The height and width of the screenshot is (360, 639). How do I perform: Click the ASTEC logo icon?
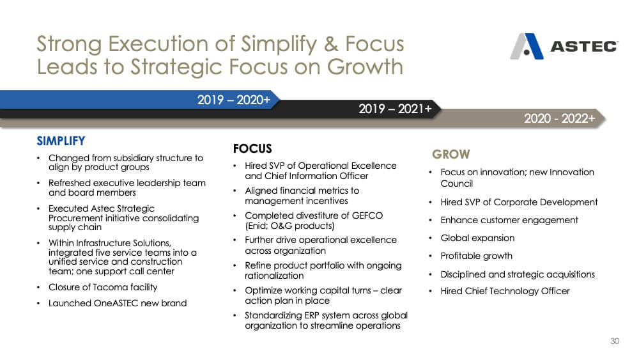click(527, 47)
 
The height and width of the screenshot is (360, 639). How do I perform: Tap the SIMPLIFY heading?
click(61, 141)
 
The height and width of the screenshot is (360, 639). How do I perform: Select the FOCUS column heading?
click(252, 148)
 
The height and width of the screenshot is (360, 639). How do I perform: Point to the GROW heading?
click(451, 154)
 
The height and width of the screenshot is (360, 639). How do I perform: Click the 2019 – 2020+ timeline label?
click(233, 100)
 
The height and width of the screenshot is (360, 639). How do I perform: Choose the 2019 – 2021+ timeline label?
click(395, 109)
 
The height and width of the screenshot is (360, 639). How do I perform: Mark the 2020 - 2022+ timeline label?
click(560, 118)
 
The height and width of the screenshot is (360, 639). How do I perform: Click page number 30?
click(615, 341)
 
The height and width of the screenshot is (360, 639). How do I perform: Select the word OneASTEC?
click(116, 303)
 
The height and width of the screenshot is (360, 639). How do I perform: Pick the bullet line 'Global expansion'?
click(477, 238)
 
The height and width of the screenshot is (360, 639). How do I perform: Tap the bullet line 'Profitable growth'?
click(477, 256)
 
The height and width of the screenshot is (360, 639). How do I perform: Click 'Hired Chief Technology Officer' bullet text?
click(505, 291)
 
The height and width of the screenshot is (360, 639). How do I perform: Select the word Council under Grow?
click(456, 184)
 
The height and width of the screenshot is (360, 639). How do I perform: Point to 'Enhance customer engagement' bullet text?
click(509, 220)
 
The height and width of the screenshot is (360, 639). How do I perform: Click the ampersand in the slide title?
click(331, 44)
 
